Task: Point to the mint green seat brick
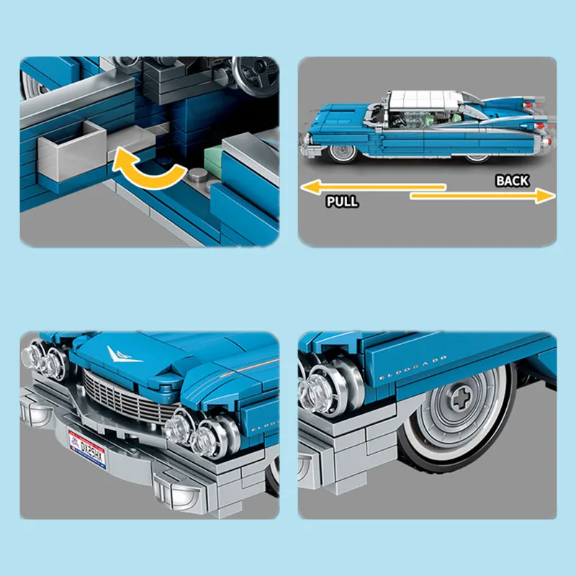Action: (x=216, y=155)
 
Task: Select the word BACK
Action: (x=512, y=181)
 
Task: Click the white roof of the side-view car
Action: (x=421, y=99)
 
